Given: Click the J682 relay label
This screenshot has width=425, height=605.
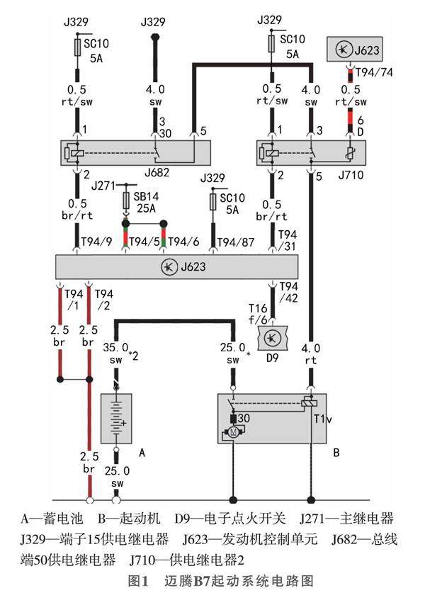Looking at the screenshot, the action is click(157, 172).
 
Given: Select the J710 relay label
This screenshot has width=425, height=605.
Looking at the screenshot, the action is click(351, 175).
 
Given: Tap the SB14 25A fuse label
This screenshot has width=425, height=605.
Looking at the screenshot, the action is click(146, 202).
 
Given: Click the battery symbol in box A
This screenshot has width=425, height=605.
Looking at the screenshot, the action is click(116, 418).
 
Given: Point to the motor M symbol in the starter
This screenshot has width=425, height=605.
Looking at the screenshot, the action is click(233, 432).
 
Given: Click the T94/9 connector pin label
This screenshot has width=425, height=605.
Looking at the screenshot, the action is click(96, 242).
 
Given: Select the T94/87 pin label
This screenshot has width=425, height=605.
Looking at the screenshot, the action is click(236, 242).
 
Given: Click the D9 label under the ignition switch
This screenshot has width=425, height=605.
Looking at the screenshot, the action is click(272, 358).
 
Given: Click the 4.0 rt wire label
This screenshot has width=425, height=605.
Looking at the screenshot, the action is click(310, 354).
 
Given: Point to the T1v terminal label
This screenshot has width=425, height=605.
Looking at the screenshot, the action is click(322, 419).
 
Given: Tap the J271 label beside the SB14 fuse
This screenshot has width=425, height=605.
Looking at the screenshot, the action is click(103, 186).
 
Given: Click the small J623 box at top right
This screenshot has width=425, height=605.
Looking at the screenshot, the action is click(354, 49).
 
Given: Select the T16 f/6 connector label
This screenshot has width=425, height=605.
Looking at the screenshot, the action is click(258, 314).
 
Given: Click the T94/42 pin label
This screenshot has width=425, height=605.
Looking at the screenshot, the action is click(288, 292).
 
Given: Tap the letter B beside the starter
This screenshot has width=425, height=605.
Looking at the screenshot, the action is click(336, 453).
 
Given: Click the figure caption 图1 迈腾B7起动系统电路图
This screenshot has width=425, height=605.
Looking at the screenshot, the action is click(220, 581).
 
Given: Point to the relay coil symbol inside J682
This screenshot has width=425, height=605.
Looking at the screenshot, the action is click(77, 152).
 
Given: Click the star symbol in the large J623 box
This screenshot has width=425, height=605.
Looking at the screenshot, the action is click(169, 267).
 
